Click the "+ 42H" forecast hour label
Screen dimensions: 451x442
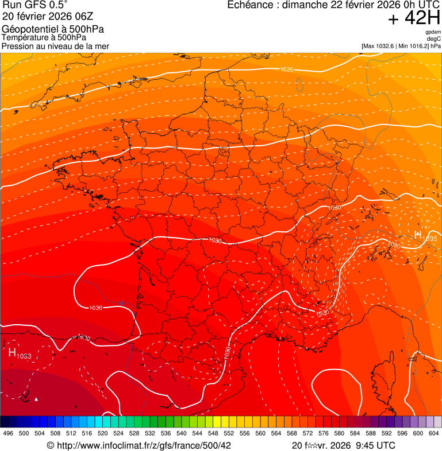pos(414,18)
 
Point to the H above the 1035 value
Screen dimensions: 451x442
pos(418,234)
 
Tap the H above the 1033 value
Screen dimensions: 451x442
pos(12,352)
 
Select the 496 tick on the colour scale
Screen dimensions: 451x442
pos(8,433)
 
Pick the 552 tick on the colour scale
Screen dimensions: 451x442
pos(228,433)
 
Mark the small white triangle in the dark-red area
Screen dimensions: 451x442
pos(36,399)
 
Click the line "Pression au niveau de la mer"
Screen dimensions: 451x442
pos(55,46)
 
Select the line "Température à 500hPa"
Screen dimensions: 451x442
pos(48,38)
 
